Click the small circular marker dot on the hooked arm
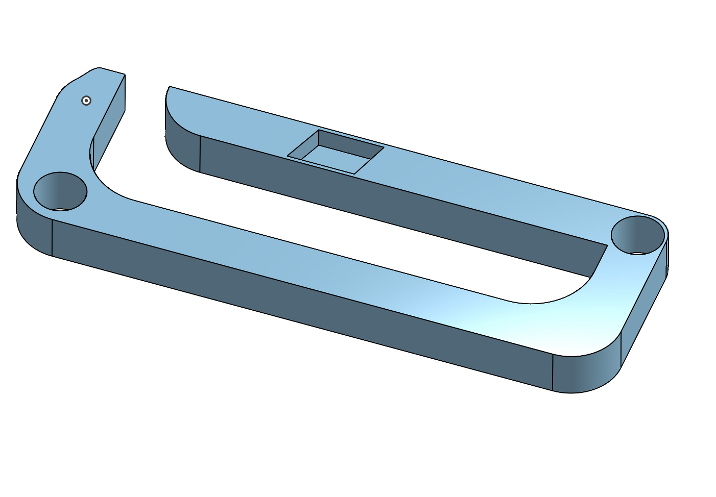pos(86,101)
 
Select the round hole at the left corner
pos(60,191)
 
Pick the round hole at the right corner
pos(638,235)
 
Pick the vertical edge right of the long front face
pos(553,372)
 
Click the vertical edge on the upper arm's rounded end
pos(200,154)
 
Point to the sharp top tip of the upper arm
pos(170,87)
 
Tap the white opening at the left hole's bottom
pos(60,209)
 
